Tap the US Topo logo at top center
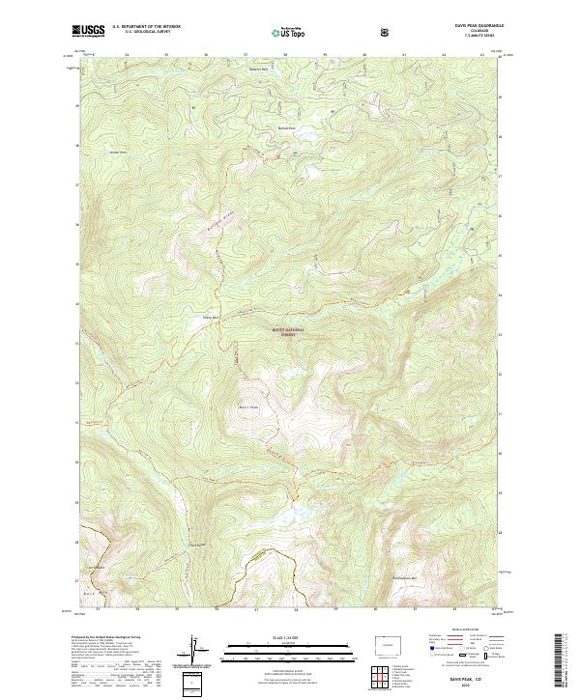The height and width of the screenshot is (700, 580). tap(289, 32)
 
